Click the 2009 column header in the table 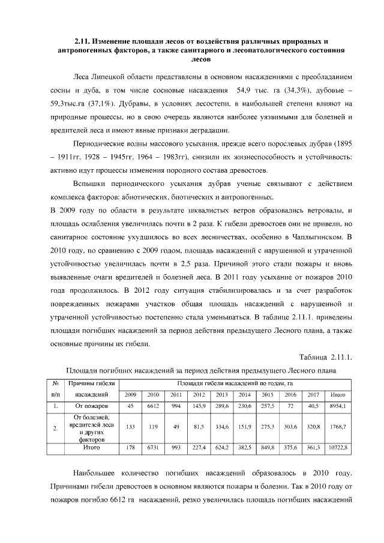click(130, 394)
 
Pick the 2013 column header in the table click(221, 394)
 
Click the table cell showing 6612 click(153, 406)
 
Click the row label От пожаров click(91, 406)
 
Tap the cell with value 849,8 click(268, 448)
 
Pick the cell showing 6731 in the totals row click(153, 448)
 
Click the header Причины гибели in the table click(91, 383)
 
